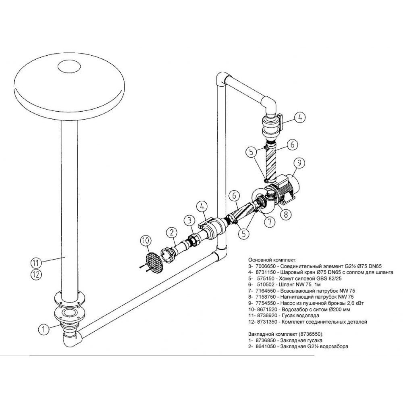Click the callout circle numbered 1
(x=44, y=329)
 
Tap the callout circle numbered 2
(x=172, y=233)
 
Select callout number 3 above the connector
(x=189, y=220)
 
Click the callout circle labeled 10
(x=146, y=241)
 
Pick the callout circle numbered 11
(x=36, y=263)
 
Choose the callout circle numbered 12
(x=36, y=275)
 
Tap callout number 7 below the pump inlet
(x=270, y=222)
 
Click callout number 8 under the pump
(x=286, y=214)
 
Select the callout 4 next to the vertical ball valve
(x=300, y=117)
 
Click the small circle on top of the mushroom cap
(x=69, y=67)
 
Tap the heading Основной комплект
(x=272, y=260)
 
